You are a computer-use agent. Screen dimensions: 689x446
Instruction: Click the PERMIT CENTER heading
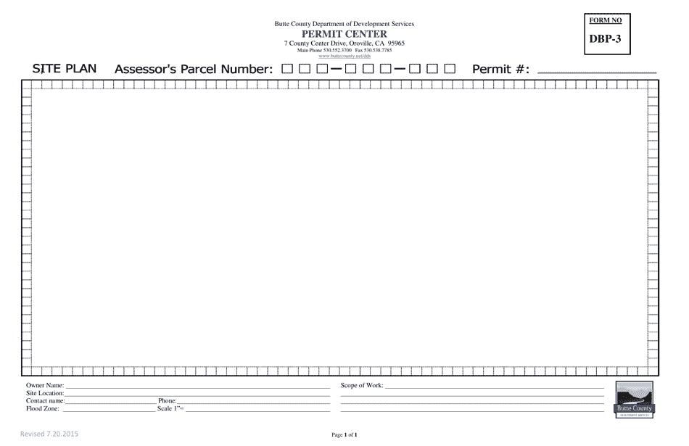click(344, 34)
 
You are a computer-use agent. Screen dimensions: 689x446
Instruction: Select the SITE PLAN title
click(65, 69)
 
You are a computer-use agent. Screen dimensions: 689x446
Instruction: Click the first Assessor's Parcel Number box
click(287, 70)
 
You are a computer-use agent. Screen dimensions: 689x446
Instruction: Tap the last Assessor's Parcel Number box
click(450, 70)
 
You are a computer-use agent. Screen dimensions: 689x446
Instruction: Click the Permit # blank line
click(595, 72)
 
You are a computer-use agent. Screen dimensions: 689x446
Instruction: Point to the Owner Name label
click(45, 386)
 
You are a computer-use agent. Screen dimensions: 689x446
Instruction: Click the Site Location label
click(46, 393)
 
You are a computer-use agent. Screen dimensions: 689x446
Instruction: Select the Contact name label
click(46, 400)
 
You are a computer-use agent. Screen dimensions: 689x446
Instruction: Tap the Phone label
click(168, 400)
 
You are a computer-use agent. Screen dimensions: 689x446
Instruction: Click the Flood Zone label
click(43, 408)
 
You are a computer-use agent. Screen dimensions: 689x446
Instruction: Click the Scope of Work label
click(362, 386)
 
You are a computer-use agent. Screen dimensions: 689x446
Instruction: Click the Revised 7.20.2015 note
click(49, 434)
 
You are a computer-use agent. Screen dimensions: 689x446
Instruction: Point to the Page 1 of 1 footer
click(344, 435)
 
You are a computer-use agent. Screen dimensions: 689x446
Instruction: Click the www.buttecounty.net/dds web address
click(344, 56)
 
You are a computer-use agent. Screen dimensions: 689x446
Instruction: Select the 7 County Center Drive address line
click(344, 44)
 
